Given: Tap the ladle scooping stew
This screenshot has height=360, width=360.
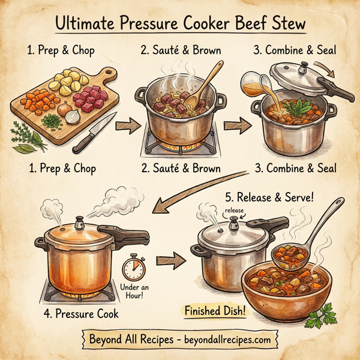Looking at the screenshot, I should click(x=300, y=240).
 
